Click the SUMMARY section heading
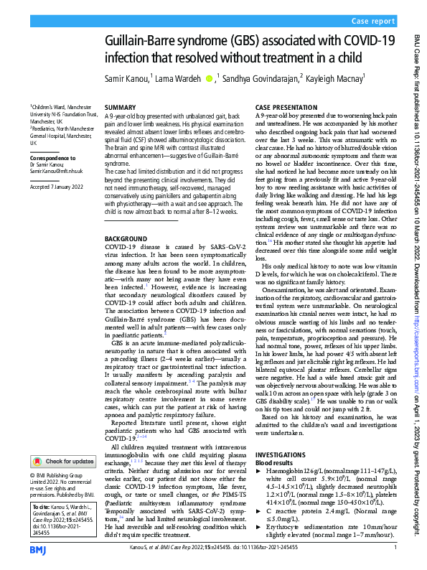[119, 107]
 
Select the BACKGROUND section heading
[126, 238]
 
